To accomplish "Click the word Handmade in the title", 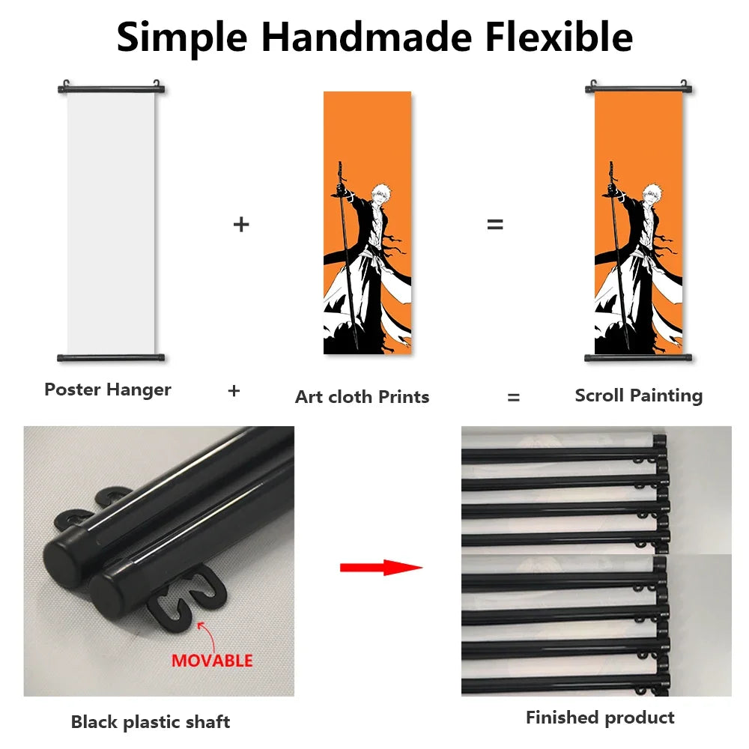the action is coord(366,37).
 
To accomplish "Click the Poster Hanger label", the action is coord(107,389).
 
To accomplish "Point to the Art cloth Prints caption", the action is coord(362,397).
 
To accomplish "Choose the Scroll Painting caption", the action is coord(639,396).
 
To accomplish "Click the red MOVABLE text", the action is coord(212,661).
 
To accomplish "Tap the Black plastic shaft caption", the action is coord(151,722).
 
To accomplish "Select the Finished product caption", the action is coord(600,718).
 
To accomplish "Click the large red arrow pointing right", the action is coord(381,568).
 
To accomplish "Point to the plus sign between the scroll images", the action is coord(241,224).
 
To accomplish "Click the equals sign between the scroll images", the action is coord(495,224).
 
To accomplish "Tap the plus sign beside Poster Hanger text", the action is coord(234,391).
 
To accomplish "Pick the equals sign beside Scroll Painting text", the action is coord(514,397).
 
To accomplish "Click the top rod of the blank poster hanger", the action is coord(112,89).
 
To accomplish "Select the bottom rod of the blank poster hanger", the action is coord(111,358).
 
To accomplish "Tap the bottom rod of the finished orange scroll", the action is coord(638,358).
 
